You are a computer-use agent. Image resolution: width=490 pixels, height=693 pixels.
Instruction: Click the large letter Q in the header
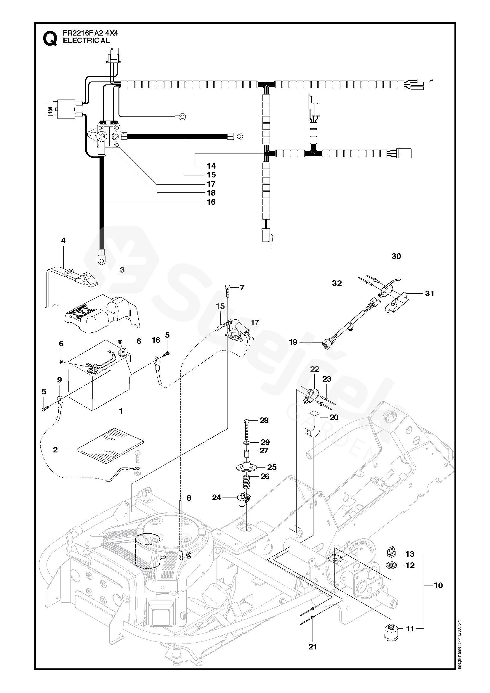tap(50, 39)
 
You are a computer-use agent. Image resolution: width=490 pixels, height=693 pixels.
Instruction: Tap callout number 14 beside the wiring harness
tap(211, 166)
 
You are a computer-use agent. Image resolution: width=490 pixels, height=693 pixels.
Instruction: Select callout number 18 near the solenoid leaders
tap(211, 193)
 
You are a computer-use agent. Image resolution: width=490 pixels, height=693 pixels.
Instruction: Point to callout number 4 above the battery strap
tap(63, 241)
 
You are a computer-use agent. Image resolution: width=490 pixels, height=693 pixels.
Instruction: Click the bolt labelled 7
tap(228, 289)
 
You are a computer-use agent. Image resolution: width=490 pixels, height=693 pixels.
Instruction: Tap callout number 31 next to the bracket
tap(429, 293)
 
